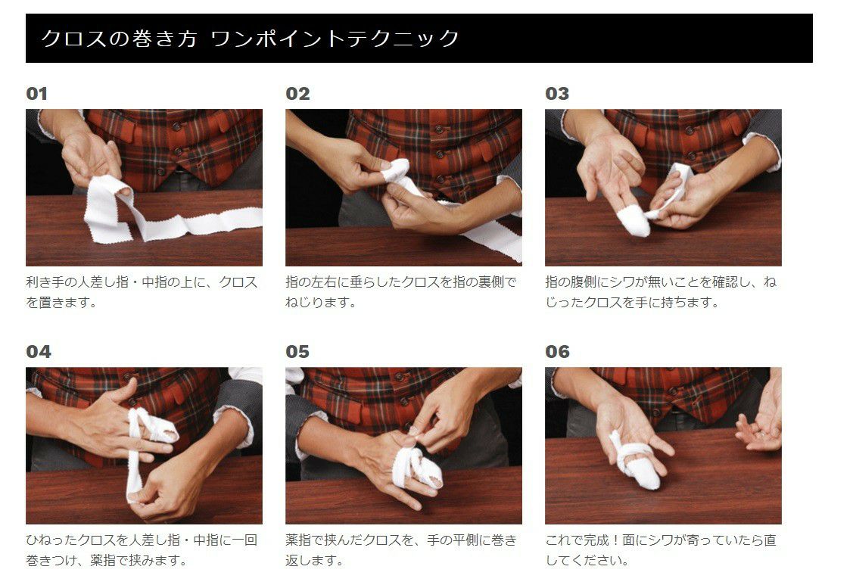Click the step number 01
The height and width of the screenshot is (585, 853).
tap(36, 94)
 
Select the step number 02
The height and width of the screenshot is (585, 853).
tap(297, 94)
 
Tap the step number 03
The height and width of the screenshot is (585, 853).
tap(557, 94)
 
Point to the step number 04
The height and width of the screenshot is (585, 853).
tap(39, 352)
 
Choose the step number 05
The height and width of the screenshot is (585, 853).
tap(297, 352)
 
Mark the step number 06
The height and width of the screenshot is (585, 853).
tap(557, 352)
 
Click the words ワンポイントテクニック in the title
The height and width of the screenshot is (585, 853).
tap(335, 38)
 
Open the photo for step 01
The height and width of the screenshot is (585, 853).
tap(144, 187)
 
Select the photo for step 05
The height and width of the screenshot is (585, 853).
tap(403, 445)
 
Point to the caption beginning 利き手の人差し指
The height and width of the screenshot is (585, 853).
tap(142, 292)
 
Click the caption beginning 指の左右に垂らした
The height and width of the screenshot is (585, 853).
tap(401, 292)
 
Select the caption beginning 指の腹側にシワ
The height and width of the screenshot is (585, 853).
tap(661, 292)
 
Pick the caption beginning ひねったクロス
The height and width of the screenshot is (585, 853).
tap(142, 550)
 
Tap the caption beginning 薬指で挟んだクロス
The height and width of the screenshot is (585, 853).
tap(401, 550)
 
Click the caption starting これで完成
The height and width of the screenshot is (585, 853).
tap(661, 550)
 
